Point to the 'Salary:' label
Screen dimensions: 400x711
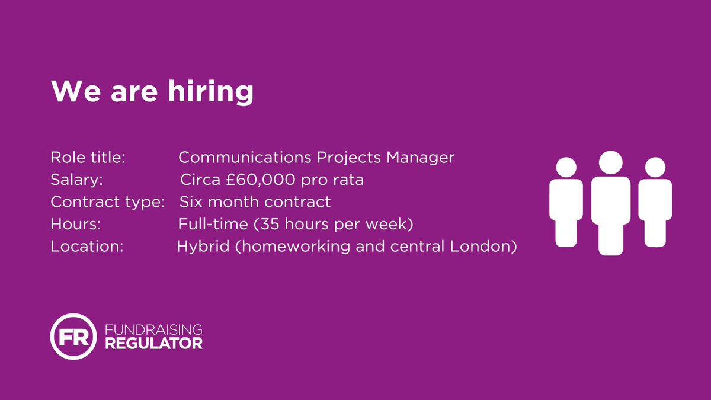(77, 180)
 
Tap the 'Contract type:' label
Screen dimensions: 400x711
(107, 201)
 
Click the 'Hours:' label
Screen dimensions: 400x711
(76, 224)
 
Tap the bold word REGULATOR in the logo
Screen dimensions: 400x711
(153, 344)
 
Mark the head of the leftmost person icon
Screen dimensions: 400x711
(567, 167)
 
